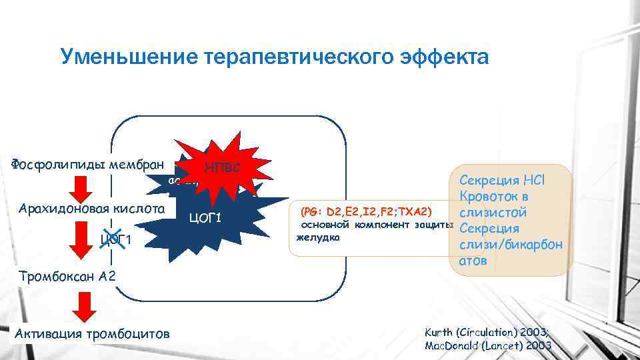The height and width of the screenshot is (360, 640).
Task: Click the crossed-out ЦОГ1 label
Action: (x=113, y=239)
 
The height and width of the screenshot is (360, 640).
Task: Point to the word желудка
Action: (x=317, y=237)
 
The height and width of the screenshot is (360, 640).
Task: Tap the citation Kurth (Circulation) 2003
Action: (x=487, y=332)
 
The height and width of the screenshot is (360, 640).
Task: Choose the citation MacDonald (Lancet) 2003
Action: (x=488, y=345)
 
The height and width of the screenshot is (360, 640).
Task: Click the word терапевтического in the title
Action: (x=293, y=57)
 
